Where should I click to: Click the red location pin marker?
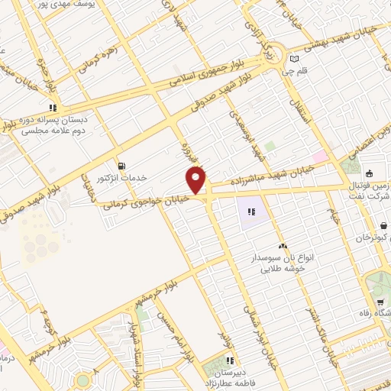[197, 179]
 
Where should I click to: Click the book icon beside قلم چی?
[295, 58]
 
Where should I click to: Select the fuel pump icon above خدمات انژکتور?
[121, 166]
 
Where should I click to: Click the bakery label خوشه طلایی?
[284, 269]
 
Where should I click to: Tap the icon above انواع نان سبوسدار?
[283, 246]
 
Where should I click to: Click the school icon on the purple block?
[251, 212]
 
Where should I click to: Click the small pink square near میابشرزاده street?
[319, 157]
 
